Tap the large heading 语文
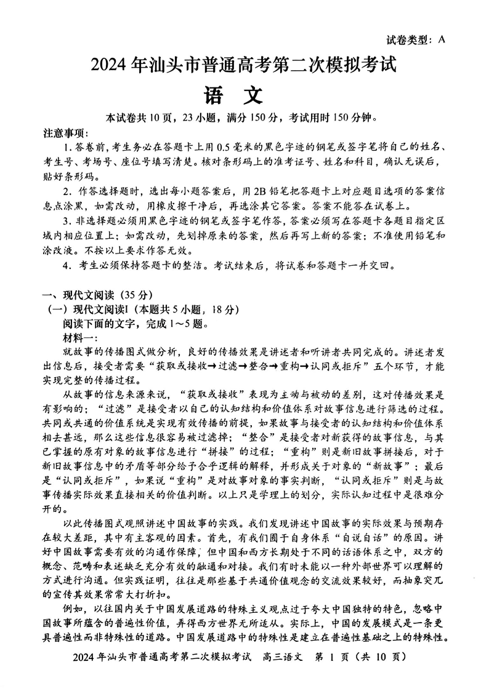(233, 95)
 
